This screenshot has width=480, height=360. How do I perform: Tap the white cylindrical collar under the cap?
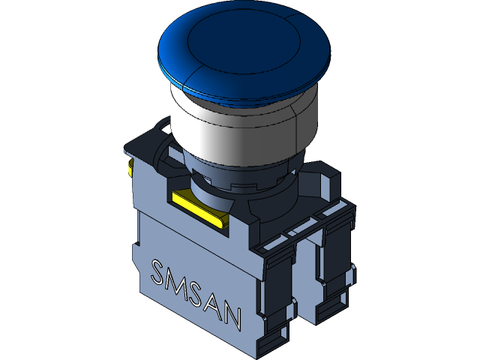coord(240,127)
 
